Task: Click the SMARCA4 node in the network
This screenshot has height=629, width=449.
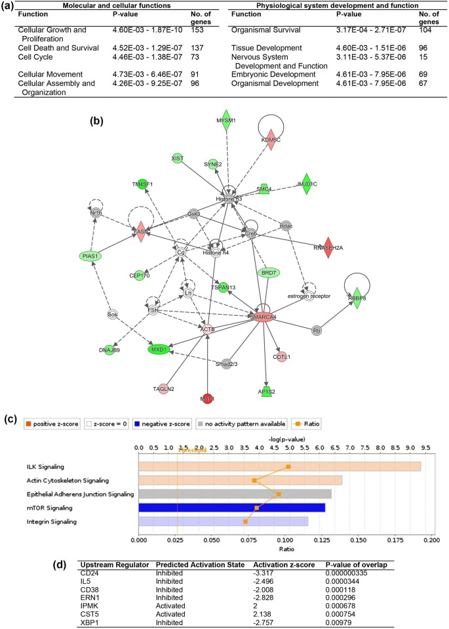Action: point(263,317)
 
